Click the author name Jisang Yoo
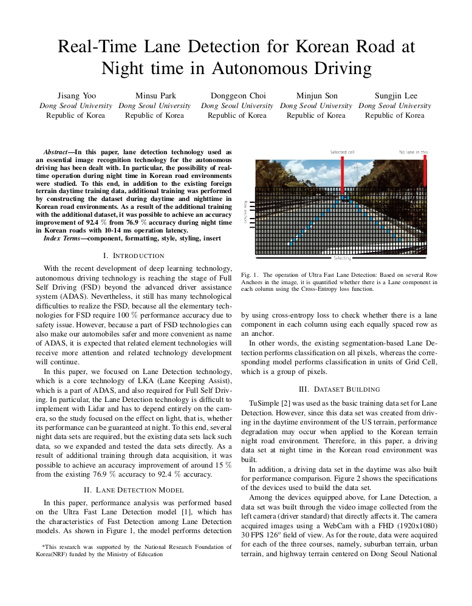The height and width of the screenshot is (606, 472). (76, 96)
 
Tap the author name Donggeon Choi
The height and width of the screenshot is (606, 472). (238, 96)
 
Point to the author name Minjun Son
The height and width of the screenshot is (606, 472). (316, 96)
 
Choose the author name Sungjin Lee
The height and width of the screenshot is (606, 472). (395, 96)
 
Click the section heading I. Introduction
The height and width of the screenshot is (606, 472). (134, 256)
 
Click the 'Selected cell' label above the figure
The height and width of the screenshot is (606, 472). (342, 152)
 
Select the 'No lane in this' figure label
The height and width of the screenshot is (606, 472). (413, 152)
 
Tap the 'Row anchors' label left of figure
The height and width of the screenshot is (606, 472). (245, 213)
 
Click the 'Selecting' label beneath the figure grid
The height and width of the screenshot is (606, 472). (342, 258)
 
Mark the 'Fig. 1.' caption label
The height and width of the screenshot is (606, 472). (250, 275)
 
